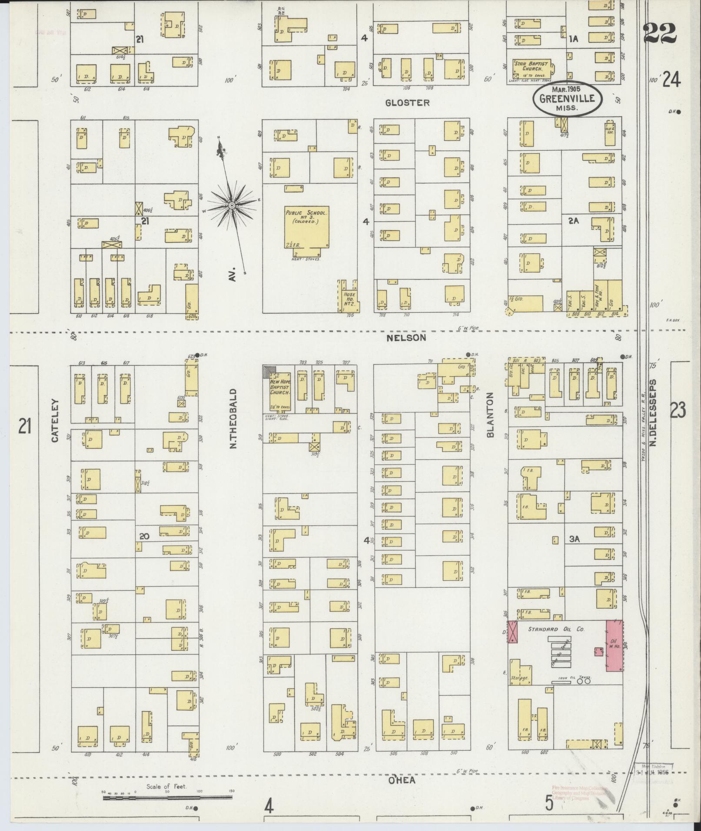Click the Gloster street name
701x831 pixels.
click(407, 103)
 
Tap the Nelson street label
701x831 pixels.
click(407, 338)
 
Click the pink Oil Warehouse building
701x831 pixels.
click(615, 646)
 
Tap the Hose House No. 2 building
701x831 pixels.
click(349, 296)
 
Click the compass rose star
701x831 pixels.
click(232, 205)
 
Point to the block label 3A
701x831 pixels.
click(575, 539)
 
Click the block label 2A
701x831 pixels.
click(574, 221)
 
